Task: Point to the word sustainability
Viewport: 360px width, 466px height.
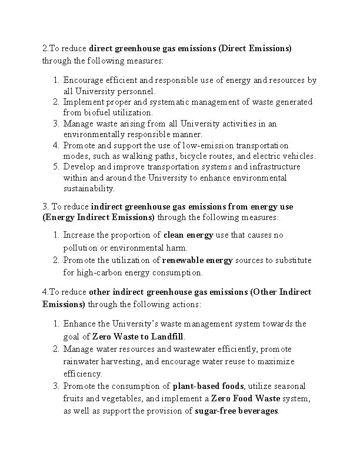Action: (89, 188)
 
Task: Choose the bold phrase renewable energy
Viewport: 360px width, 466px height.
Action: (197, 260)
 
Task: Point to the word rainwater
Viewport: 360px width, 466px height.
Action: (82, 361)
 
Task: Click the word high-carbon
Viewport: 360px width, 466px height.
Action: (101, 272)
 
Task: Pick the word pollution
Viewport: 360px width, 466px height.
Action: (81, 247)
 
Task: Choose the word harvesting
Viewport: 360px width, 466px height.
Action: (122, 361)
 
